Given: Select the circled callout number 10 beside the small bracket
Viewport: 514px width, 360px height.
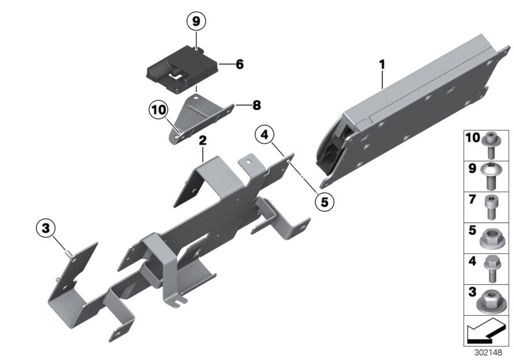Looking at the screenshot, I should [157, 109].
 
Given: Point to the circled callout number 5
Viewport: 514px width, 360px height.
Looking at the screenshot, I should [324, 201].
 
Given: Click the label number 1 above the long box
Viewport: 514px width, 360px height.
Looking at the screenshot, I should [382, 64].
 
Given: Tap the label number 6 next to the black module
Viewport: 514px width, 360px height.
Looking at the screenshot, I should [240, 64].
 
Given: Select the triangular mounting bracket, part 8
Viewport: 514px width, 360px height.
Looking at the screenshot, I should [200, 116].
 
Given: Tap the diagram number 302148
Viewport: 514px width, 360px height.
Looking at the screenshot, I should [494, 353].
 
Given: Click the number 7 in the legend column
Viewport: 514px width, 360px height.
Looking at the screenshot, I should [472, 199].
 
